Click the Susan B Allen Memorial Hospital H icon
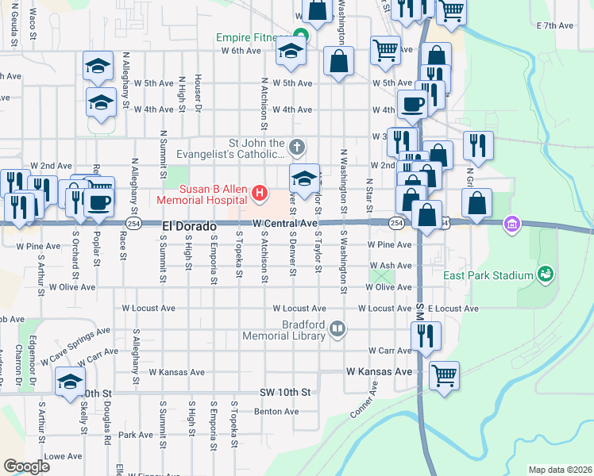pos(259,192)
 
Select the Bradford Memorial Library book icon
pos(338,328)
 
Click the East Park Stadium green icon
pos(545,274)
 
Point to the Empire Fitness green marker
pos(300,35)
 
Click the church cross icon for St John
pos(296,146)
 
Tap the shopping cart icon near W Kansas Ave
pos(444,375)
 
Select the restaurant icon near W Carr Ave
pos(426,336)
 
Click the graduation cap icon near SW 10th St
pos(71,382)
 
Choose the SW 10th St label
pos(284,393)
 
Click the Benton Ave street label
pos(276,412)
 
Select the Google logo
pos(26,466)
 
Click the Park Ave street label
pos(135,435)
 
